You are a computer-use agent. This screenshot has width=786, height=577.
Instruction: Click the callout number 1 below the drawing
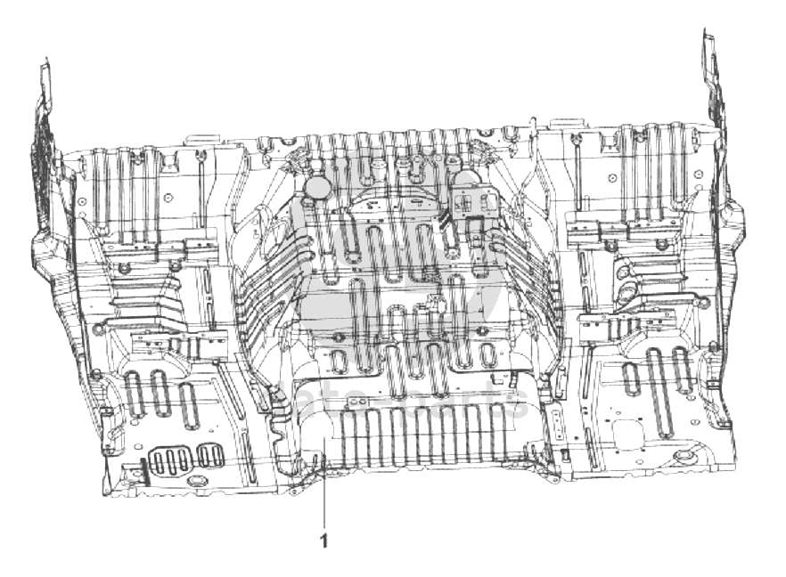point(323,540)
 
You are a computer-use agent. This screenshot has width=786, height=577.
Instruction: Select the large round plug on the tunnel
point(316,186)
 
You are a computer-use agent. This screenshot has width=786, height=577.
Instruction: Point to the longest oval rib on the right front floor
point(655,374)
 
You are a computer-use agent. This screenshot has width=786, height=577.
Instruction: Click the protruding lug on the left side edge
point(43,241)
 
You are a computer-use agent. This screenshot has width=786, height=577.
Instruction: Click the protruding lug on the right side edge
point(733,217)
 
